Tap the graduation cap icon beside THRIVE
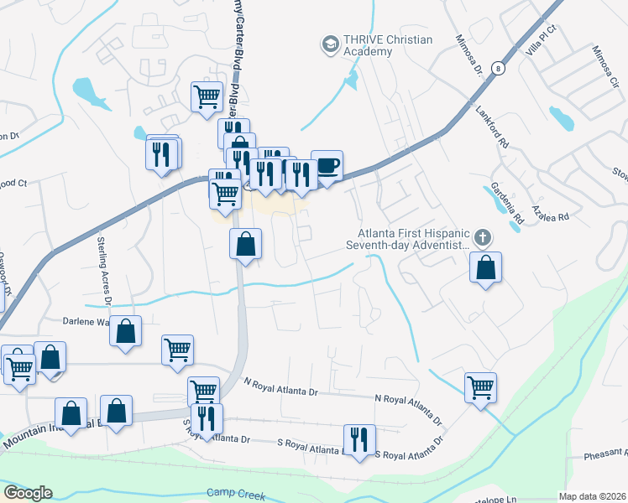330,43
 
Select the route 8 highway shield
499,69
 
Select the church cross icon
482,238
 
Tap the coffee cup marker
327,165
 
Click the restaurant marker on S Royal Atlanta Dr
358,439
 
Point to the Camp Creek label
235,495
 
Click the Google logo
27,493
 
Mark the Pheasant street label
605,458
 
